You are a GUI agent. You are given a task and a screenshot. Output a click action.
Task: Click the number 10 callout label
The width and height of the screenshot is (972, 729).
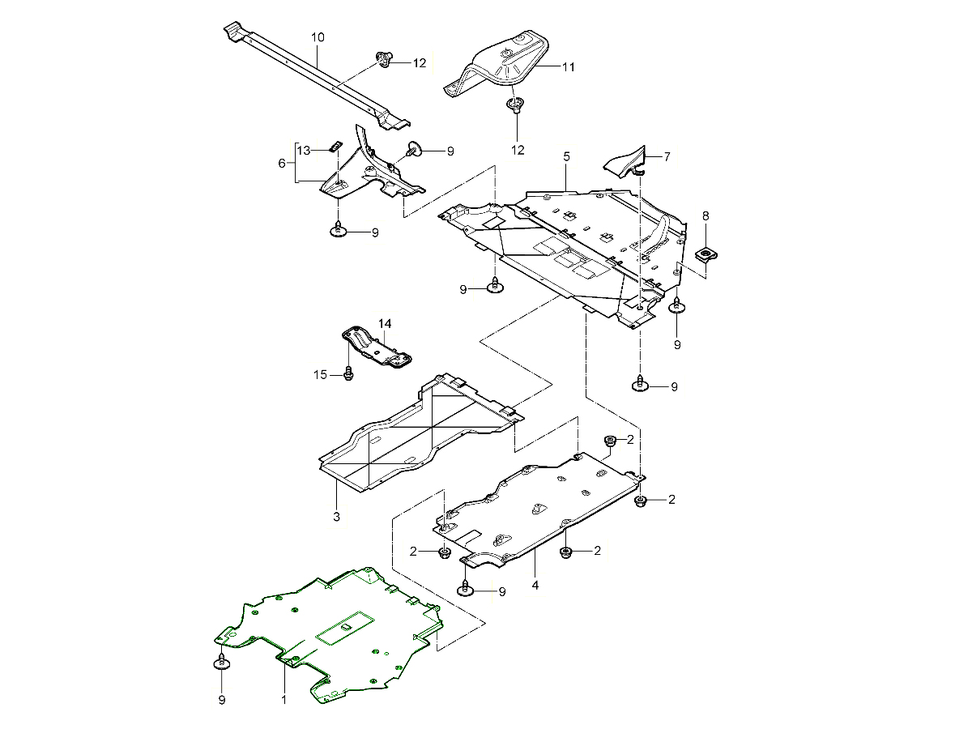click(x=318, y=37)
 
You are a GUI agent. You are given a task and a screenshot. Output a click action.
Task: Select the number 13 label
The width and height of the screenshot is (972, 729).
click(x=304, y=151)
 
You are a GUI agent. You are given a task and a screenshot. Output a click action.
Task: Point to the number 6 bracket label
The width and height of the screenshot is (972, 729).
click(x=282, y=163)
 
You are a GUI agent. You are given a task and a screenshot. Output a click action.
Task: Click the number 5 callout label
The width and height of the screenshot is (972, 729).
click(x=567, y=156)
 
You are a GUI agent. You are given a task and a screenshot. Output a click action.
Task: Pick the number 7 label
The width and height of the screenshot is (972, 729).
click(x=667, y=156)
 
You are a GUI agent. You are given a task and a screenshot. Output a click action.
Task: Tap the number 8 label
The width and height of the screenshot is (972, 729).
click(x=706, y=215)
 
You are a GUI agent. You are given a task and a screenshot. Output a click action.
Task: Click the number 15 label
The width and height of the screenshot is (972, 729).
click(x=320, y=374)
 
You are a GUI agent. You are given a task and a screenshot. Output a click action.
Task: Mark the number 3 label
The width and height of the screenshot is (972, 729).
click(x=336, y=516)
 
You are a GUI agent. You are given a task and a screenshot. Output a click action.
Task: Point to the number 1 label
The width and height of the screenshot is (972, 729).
click(x=284, y=698)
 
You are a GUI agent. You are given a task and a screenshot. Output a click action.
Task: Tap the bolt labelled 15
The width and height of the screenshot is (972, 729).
click(x=347, y=373)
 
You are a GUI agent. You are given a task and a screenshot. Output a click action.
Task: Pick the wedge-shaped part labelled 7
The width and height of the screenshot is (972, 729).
click(x=625, y=160)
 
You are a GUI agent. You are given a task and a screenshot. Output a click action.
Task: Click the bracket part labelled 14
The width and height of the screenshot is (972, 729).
click(x=377, y=348)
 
